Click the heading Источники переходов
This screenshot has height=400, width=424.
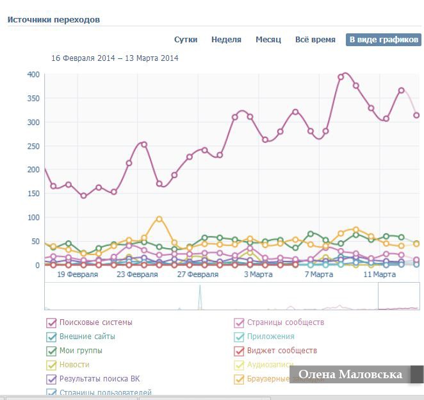coord(54,20)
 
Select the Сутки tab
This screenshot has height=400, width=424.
coord(186,40)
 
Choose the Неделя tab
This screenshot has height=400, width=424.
coord(226,40)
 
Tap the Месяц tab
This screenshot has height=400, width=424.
coord(268,40)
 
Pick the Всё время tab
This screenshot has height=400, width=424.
coord(315,40)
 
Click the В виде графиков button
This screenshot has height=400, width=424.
coord(384,40)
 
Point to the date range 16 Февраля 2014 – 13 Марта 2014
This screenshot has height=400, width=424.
coord(115,58)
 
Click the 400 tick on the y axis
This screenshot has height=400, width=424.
coord(33,74)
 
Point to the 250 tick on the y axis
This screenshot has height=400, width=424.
coord(33,146)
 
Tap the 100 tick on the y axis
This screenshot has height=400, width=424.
coord(33,217)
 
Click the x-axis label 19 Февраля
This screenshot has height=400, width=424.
coord(77,274)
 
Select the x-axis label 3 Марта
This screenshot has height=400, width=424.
coord(258,274)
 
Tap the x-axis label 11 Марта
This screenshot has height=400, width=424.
coord(379,274)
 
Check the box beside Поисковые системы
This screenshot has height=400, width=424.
coord(51,322)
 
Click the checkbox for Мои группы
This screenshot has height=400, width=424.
coord(51,351)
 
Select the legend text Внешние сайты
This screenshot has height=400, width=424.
coord(87,337)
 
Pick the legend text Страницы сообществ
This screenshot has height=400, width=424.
coord(286,322)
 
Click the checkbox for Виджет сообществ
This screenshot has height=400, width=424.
coord(239,351)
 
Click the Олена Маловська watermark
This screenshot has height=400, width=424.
coord(350,374)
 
